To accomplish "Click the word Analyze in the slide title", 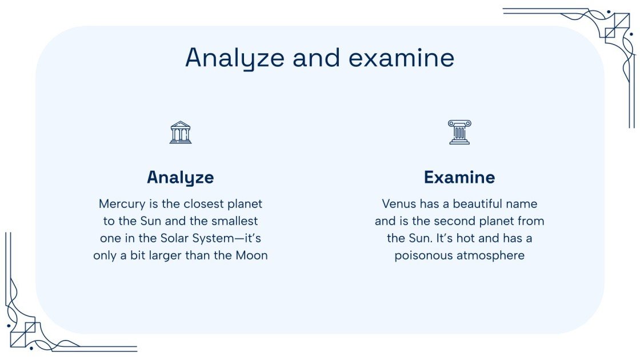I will click(235, 58).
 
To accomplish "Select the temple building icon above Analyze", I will click(181, 132).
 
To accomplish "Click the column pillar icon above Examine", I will click(459, 132).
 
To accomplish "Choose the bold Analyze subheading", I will click(181, 177).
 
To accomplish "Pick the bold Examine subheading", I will click(459, 177).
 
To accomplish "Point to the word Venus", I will click(399, 204).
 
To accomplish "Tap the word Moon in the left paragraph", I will click(252, 255).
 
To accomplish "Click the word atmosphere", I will click(490, 255).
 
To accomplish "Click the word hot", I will click(457, 238).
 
